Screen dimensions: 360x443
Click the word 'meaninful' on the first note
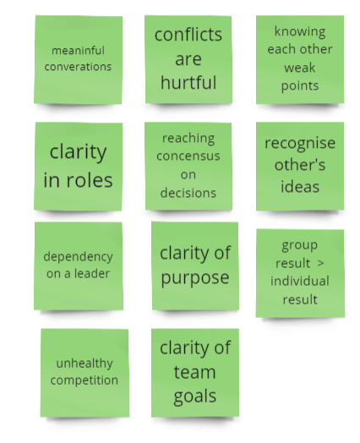tap(79, 51)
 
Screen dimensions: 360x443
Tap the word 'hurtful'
tap(188, 83)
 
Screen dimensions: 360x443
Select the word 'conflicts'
tap(188, 35)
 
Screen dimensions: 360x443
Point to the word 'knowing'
tap(300, 31)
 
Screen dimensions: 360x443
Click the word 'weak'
tap(300, 68)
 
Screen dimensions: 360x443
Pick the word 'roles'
tap(90, 180)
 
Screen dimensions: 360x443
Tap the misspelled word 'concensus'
tap(188, 156)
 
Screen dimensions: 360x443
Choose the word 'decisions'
tap(188, 193)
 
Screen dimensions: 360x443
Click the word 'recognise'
tap(300, 144)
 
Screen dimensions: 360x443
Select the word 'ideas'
tap(300, 187)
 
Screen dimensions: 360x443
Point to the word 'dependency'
tap(79, 257)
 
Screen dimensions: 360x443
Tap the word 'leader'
tap(92, 273)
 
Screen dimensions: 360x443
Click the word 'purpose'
tap(195, 278)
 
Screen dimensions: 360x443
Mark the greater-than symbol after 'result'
tap(320, 263)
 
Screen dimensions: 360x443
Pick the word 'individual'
tap(300, 282)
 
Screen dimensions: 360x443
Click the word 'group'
tap(299, 246)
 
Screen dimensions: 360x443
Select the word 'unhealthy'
tap(85, 364)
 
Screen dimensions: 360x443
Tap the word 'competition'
tap(85, 380)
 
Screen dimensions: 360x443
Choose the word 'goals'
tap(195, 397)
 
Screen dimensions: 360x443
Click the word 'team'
tap(195, 372)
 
